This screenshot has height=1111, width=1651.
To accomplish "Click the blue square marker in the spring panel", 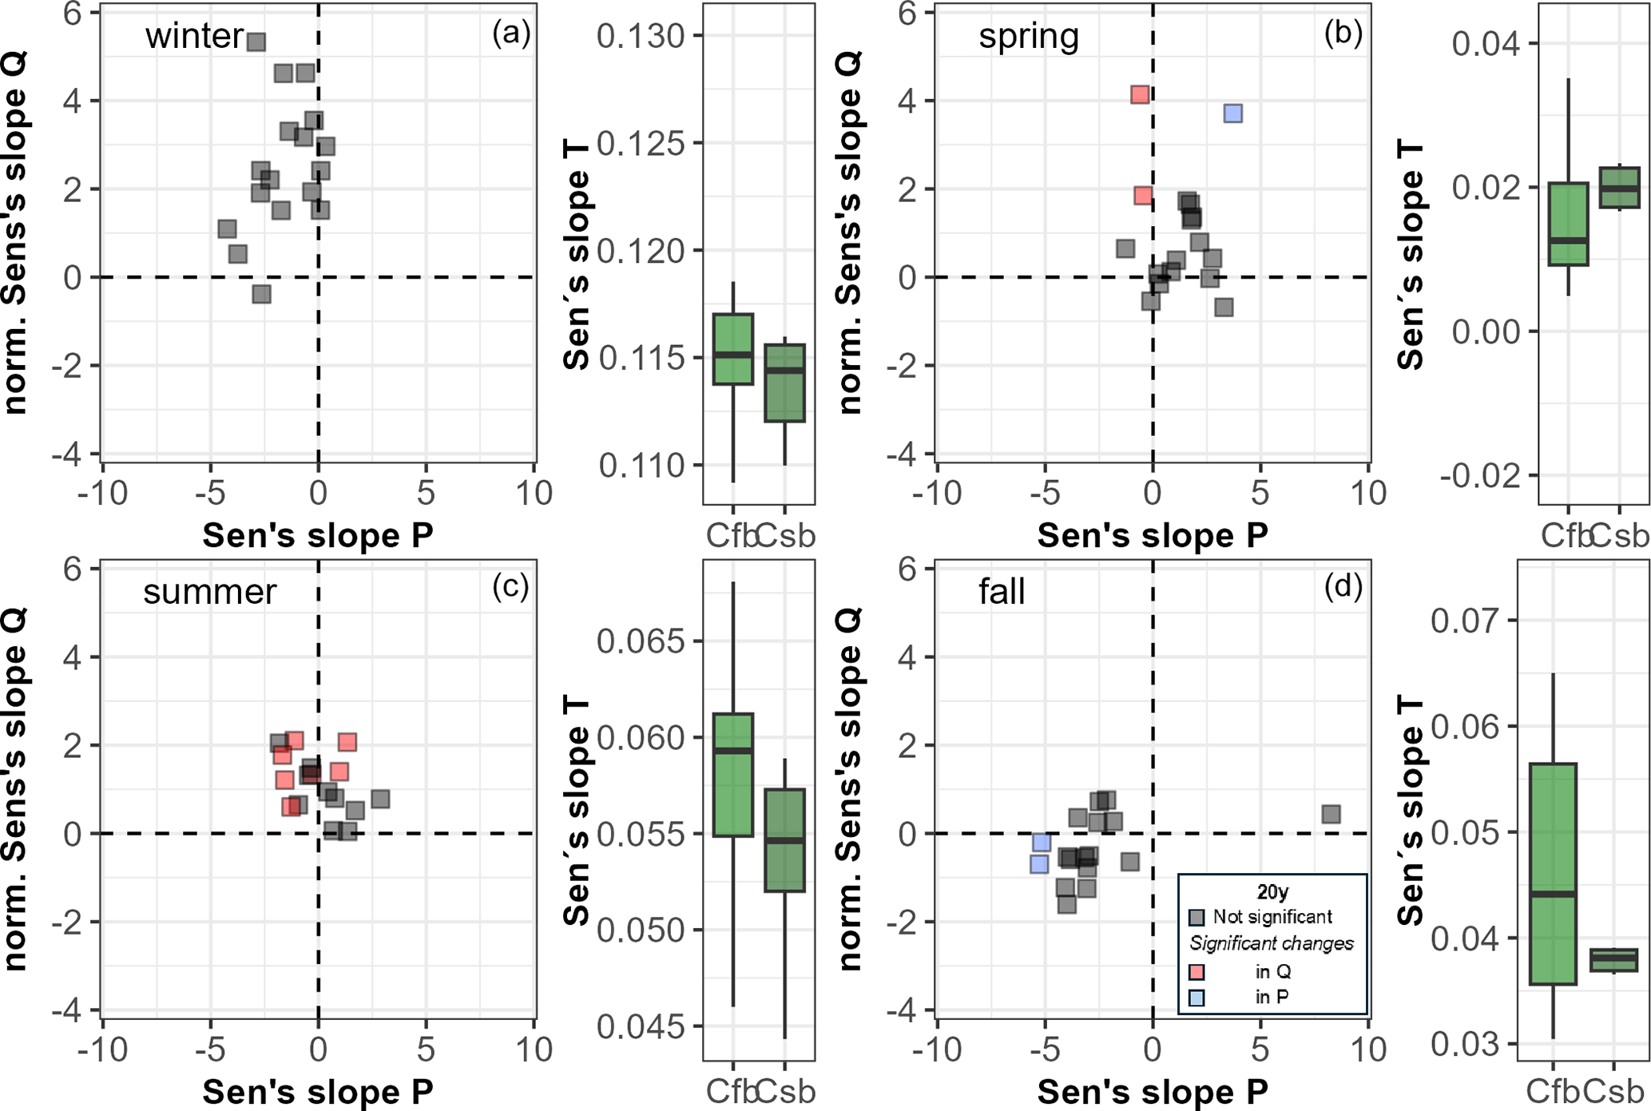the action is [1232, 113].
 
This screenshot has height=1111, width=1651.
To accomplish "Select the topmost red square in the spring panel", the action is [1140, 95].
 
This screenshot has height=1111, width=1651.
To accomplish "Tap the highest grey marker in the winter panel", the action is [256, 42].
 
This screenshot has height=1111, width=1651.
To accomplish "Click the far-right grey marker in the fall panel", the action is [1330, 814].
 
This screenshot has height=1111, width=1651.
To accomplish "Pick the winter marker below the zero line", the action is [261, 295].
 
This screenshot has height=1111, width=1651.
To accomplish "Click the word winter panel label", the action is [194, 36].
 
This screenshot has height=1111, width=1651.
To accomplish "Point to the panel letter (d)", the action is [1343, 587].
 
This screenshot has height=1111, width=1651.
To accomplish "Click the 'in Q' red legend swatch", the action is [1197, 972].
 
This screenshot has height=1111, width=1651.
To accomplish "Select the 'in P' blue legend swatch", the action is [1197, 998].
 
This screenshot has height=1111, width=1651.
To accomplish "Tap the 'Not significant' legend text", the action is [1272, 916].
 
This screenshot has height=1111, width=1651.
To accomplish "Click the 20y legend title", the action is [1272, 891].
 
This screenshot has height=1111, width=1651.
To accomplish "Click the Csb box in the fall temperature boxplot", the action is [1613, 960].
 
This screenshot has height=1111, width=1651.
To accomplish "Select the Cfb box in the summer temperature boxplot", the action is [733, 775].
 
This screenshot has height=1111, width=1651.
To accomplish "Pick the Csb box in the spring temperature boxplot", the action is [1619, 188].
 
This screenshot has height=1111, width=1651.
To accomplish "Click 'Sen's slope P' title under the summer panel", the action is [318, 1092].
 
